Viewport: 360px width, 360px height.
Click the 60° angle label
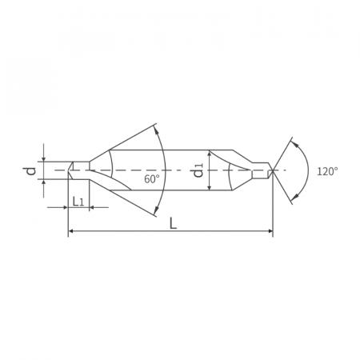[x=152, y=179]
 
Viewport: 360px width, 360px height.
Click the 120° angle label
[x=327, y=171]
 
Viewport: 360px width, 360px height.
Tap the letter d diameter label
[x=31, y=170]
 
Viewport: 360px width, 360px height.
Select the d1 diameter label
[x=198, y=170]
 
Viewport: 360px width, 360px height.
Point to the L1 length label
[x=78, y=202]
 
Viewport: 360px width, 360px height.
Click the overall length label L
[x=174, y=223]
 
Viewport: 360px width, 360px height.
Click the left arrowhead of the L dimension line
[x=71, y=230]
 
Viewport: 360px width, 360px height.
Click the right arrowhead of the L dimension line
[x=270, y=230]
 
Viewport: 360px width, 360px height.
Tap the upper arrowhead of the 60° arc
[x=157, y=130]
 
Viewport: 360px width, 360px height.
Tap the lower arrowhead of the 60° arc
[x=157, y=210]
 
